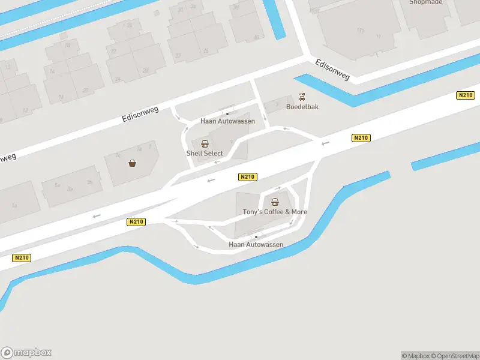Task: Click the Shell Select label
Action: tap(205, 154)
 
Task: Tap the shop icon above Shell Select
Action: tap(205, 144)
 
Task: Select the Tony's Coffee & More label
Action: tap(275, 212)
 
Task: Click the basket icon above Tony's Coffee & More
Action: tap(275, 202)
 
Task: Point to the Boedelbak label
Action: tap(302, 107)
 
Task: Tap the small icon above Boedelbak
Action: tap(302, 97)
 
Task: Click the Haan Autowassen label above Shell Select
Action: tap(227, 121)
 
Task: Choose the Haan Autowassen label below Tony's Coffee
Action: tap(256, 245)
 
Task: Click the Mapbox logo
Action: tap(26, 353)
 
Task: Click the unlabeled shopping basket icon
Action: tap(132, 163)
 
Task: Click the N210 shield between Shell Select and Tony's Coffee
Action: tap(247, 176)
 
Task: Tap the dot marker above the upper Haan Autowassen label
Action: tap(227, 113)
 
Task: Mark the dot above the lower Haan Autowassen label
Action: tap(256, 237)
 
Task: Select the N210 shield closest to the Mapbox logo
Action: tap(21, 258)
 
